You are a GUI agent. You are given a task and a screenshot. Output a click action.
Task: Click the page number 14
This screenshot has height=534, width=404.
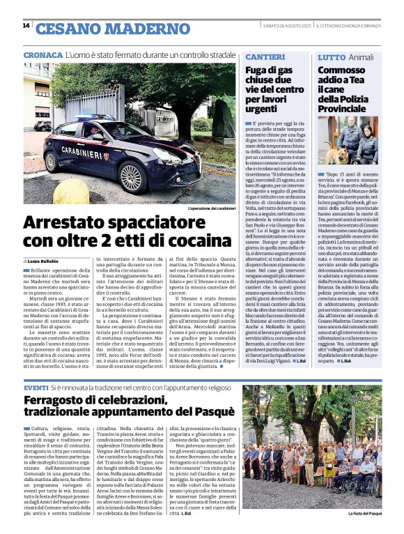26,26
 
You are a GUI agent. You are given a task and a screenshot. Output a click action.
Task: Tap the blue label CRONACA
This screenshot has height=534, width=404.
42,54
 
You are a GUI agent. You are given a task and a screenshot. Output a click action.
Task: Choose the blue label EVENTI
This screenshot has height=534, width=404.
36,387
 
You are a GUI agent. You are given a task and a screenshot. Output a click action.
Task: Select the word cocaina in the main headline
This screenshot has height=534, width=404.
188,241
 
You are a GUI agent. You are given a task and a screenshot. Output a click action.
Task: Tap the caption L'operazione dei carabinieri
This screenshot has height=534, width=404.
212,208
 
